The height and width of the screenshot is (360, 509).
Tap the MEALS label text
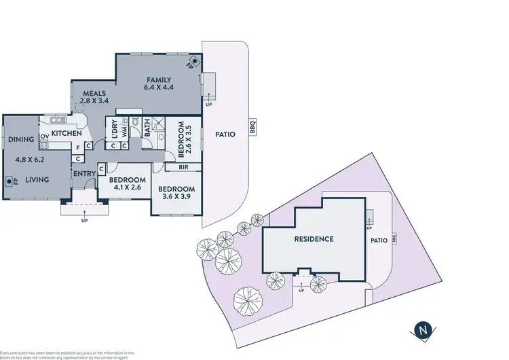tap(94, 93)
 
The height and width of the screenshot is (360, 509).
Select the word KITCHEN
tap(67, 133)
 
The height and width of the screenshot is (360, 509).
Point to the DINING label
tap(21, 140)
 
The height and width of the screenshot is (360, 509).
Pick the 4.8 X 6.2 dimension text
tap(31, 160)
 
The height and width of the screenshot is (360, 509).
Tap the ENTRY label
tap(84, 175)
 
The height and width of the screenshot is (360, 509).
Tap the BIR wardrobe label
tap(183, 166)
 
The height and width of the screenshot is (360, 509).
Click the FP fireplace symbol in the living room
tap(10, 181)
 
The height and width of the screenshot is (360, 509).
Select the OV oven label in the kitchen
tap(44, 137)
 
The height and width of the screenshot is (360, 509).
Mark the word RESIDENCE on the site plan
tap(314, 239)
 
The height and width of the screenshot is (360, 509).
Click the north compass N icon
tap(423, 331)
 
